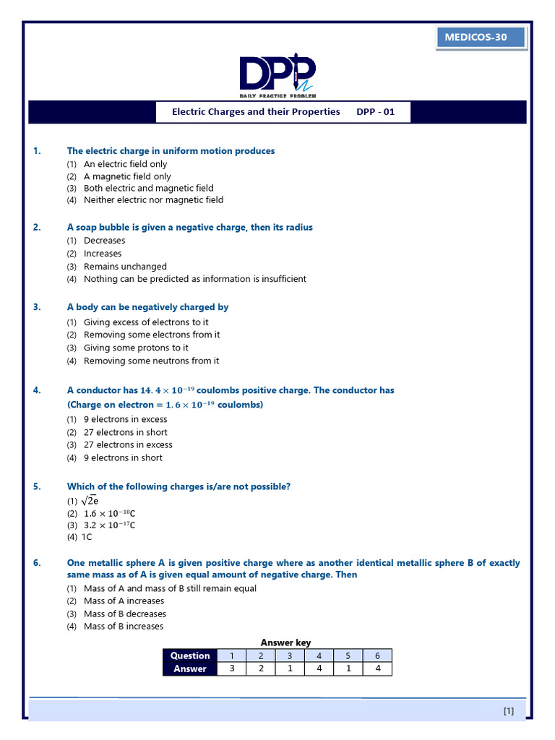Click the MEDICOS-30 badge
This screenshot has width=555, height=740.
(x=481, y=38)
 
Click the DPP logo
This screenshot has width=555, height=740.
(x=277, y=74)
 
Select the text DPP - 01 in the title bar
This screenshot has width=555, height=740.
(x=376, y=112)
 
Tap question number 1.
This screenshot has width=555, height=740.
(x=37, y=151)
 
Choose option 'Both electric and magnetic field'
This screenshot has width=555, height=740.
(x=148, y=188)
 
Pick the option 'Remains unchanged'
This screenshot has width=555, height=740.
(x=125, y=267)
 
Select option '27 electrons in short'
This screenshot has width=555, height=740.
(x=125, y=432)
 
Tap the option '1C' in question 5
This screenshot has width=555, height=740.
(x=87, y=537)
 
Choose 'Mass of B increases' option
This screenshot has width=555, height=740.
(x=124, y=627)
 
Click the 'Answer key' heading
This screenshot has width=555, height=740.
(x=285, y=642)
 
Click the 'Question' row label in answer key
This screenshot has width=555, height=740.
(x=190, y=655)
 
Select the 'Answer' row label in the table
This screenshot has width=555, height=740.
(x=190, y=669)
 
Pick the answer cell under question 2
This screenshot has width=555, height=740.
(x=261, y=669)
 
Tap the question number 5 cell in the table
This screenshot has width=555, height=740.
(x=348, y=655)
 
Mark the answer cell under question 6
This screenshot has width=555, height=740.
(x=377, y=669)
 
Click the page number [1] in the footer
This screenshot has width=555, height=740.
(x=509, y=711)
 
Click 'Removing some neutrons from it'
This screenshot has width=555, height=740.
(x=151, y=361)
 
